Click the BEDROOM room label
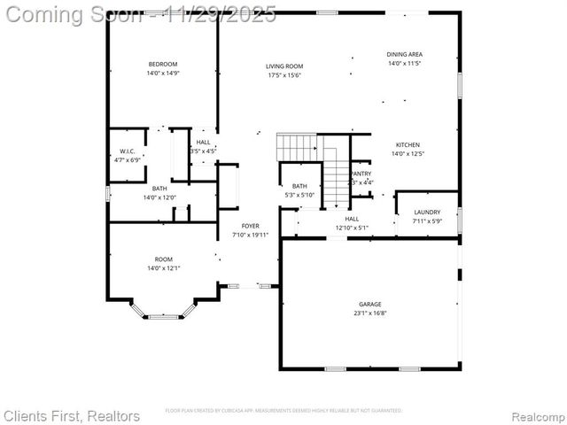coord(162,64)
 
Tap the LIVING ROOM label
coord(284,66)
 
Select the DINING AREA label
coord(404,54)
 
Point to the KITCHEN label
coord(408,144)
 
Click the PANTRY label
coord(361,174)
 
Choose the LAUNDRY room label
coord(427,212)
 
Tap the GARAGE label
coord(370,304)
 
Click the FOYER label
coord(250,227)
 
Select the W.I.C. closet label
coord(127,151)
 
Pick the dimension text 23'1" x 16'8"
coord(370,313)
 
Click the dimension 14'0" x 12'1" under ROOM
coord(163,267)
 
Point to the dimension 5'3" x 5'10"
coord(299,194)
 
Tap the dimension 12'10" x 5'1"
coord(352,228)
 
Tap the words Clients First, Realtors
coord(72,415)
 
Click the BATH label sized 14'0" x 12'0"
coord(159,189)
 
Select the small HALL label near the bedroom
coord(203,143)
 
